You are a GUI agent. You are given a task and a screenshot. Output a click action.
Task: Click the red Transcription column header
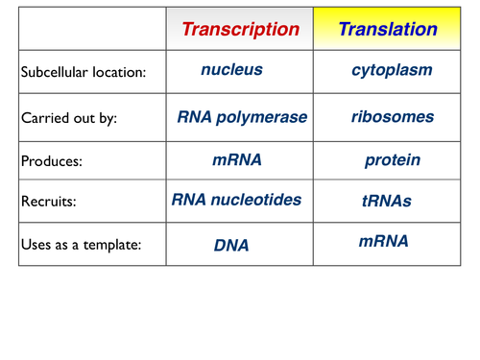click(x=240, y=29)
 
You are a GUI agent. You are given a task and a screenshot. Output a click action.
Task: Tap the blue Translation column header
click(x=388, y=29)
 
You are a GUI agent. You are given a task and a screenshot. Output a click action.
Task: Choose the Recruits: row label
click(x=48, y=203)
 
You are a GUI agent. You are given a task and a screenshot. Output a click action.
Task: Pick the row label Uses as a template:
click(x=81, y=245)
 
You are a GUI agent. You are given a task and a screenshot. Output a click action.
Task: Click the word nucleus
click(x=232, y=70)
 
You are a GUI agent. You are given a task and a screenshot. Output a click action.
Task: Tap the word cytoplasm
click(x=392, y=70)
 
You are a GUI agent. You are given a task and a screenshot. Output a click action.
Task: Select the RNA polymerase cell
click(x=242, y=117)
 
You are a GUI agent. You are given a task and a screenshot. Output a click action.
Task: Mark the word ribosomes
click(x=392, y=117)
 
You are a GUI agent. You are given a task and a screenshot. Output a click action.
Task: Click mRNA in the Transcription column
click(x=237, y=160)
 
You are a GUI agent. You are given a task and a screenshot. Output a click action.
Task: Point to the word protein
click(x=393, y=160)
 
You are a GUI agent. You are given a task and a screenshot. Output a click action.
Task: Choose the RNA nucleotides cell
click(x=237, y=201)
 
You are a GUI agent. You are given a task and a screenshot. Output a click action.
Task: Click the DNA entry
click(x=231, y=246)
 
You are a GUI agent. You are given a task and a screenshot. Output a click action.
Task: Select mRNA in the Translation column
click(x=384, y=241)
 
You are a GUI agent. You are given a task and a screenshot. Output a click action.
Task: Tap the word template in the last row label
click(x=113, y=245)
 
